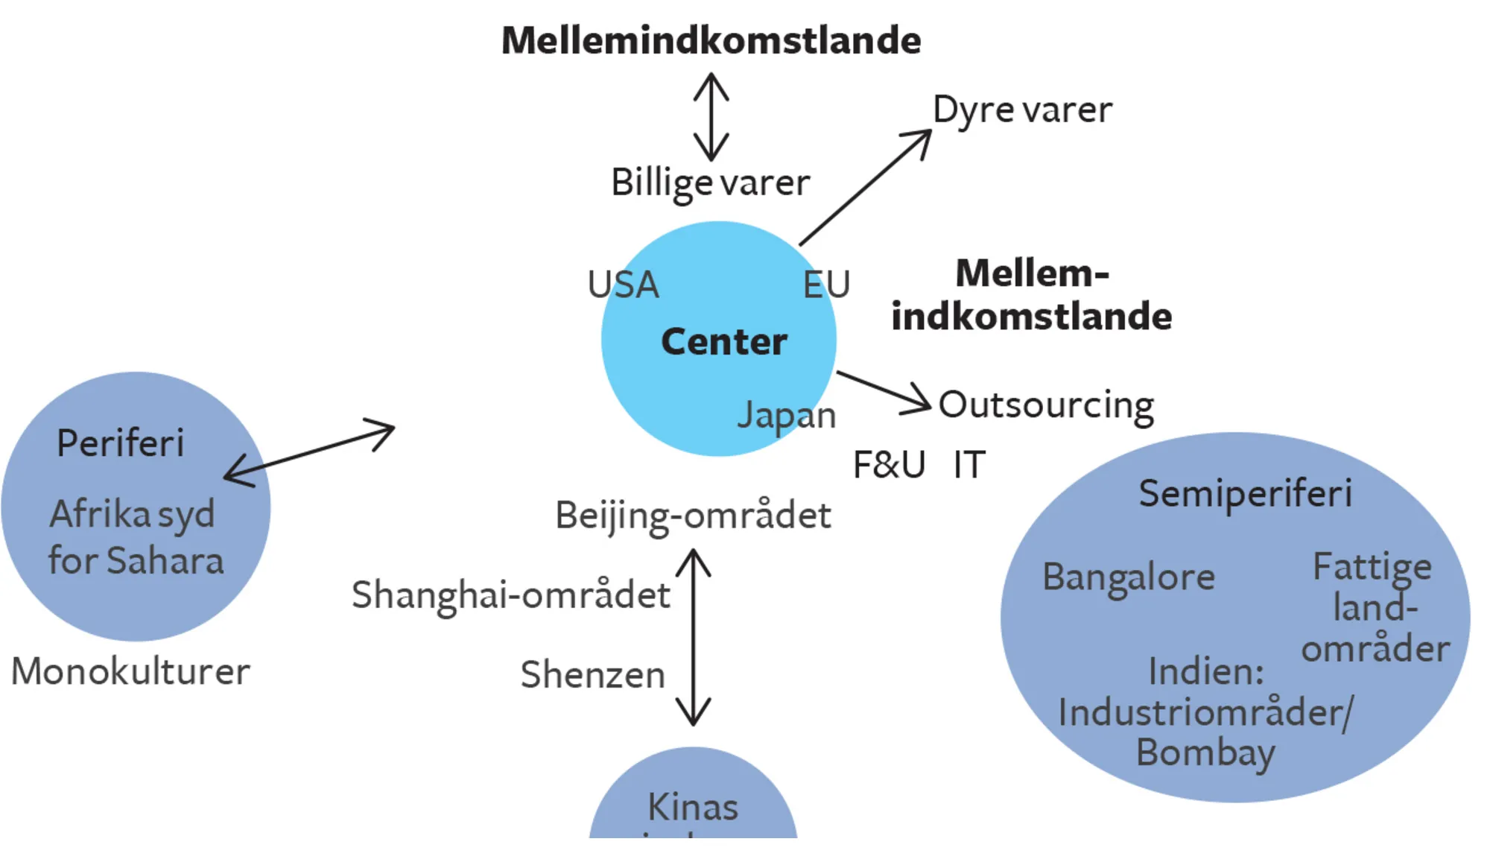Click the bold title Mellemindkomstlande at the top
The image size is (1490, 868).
(x=711, y=40)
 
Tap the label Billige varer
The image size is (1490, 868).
(x=710, y=183)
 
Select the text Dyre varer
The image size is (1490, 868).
(x=1022, y=110)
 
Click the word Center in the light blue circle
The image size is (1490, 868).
(x=723, y=342)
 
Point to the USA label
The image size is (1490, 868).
(x=623, y=285)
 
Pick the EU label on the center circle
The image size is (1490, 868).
(x=826, y=285)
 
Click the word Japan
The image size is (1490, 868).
(x=786, y=415)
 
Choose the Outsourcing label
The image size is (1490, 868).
(x=1046, y=406)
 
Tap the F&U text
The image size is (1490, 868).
(x=889, y=465)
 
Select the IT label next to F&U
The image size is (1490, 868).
(x=969, y=465)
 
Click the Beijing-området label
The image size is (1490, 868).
(x=693, y=516)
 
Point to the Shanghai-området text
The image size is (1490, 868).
(x=510, y=595)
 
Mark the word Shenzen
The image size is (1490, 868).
(x=592, y=675)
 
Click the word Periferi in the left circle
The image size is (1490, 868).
(x=120, y=443)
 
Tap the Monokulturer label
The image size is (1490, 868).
(x=130, y=671)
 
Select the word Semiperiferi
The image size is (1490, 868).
(x=1245, y=493)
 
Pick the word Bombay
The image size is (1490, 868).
(x=1205, y=753)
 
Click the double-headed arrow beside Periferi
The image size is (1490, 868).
(x=309, y=452)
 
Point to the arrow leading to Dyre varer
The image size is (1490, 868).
(x=864, y=188)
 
